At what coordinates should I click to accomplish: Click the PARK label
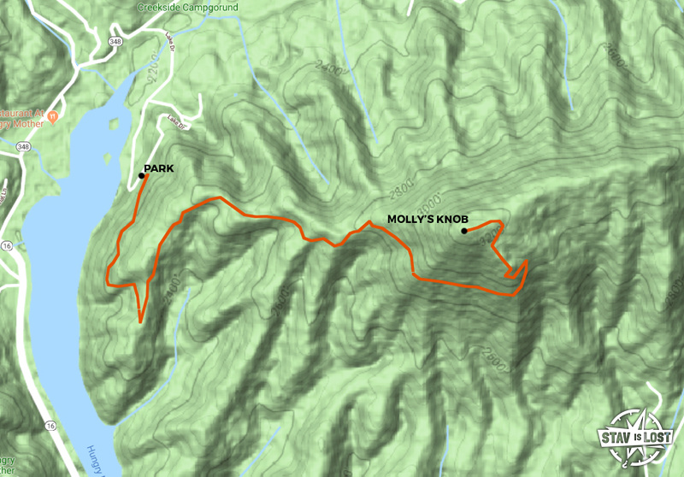(159, 169)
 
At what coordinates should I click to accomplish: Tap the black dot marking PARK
(142, 176)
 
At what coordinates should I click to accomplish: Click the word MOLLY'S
(408, 220)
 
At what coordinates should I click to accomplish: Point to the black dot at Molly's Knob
(464, 231)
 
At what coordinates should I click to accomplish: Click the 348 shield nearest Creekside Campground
(115, 40)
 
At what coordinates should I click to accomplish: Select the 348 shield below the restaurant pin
(22, 147)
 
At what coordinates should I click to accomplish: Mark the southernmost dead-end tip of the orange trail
(140, 321)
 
